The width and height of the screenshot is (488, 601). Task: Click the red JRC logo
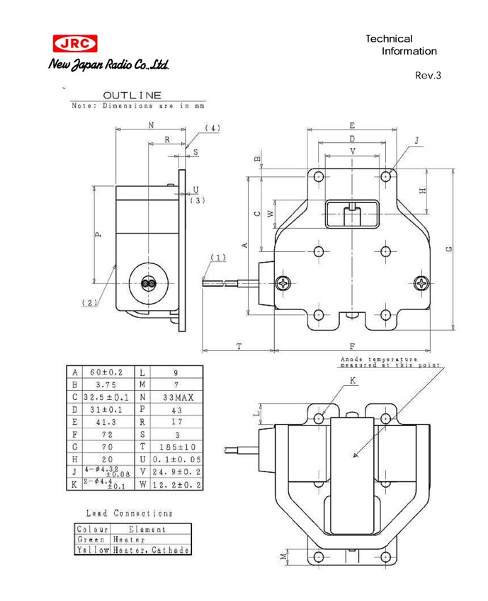tap(75, 44)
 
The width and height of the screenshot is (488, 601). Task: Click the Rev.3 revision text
tap(428, 75)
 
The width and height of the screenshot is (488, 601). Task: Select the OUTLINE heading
tap(132, 95)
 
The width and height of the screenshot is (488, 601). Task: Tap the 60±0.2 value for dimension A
tap(106, 372)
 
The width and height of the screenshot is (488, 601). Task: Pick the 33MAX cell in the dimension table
tap(178, 397)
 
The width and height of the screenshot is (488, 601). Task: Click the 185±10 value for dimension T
tap(177, 447)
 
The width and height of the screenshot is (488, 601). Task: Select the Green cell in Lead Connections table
tap(91, 539)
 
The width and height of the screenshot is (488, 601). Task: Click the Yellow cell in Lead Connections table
tap(93, 549)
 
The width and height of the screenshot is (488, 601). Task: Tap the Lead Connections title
tap(130, 513)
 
